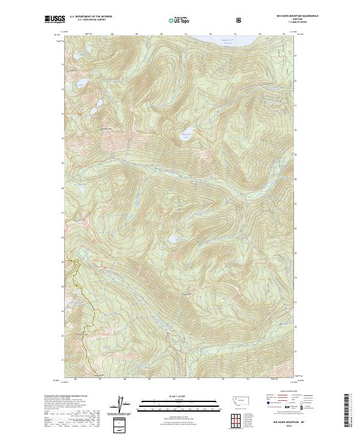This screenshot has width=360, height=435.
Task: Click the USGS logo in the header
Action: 55,20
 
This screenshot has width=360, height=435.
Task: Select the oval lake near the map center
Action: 187,136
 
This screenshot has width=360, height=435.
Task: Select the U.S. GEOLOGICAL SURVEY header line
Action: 90,21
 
